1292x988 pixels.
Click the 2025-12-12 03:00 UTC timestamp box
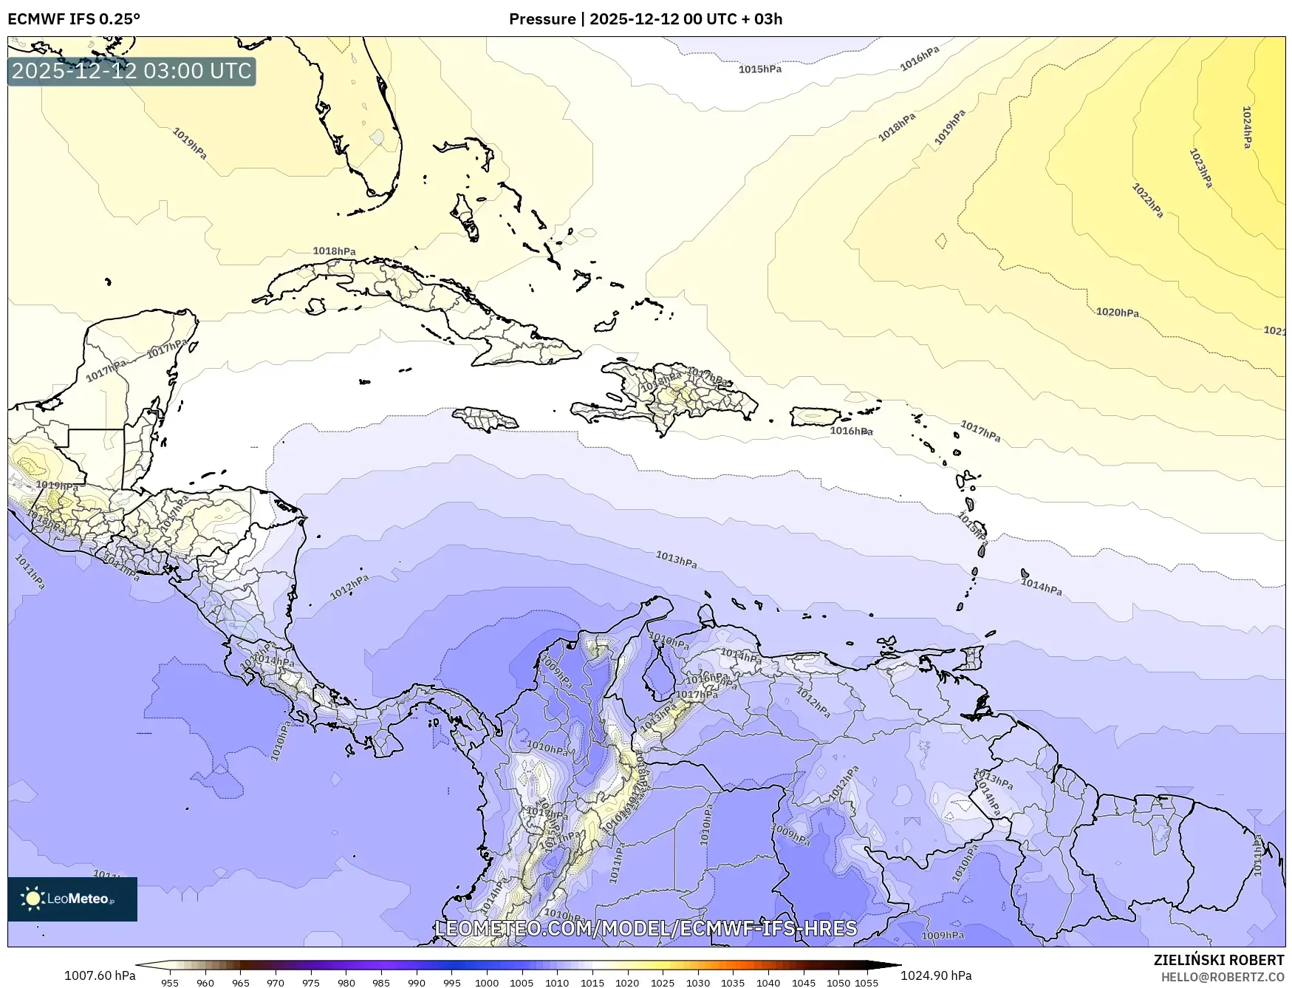(131, 72)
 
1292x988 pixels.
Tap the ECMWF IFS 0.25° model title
(74, 19)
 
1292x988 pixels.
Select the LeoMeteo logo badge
(72, 899)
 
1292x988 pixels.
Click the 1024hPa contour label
(1247, 127)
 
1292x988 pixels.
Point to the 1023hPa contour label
(1200, 168)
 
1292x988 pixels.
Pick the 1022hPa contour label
(1147, 200)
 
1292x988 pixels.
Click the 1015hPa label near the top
(759, 69)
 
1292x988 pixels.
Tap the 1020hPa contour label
(1117, 313)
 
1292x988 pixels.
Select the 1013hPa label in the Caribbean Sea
(676, 559)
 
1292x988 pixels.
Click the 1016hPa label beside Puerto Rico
(851, 431)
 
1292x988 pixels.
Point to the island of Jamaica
(485, 420)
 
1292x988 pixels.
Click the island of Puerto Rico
(816, 416)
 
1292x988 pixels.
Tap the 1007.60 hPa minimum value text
(100, 975)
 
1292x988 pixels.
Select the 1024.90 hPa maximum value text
(936, 975)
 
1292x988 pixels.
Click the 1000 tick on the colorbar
(487, 983)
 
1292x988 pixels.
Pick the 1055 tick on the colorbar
(867, 983)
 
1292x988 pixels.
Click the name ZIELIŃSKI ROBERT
(1219, 960)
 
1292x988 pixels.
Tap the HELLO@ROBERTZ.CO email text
(1222, 977)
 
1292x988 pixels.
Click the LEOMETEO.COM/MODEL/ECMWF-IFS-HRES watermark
(646, 928)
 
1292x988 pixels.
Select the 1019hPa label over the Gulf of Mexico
(190, 143)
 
